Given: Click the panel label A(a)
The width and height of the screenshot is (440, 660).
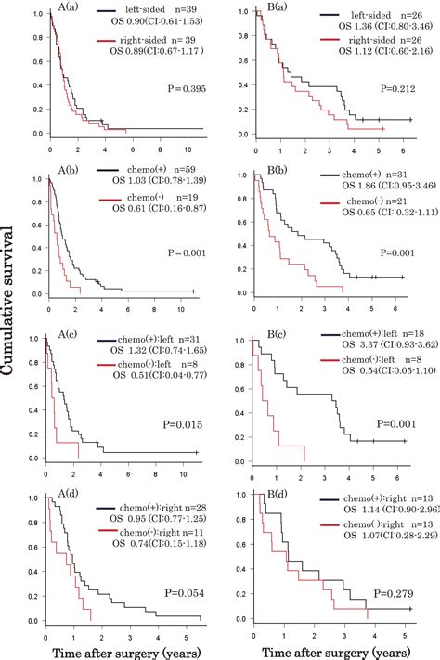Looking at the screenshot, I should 91,12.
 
